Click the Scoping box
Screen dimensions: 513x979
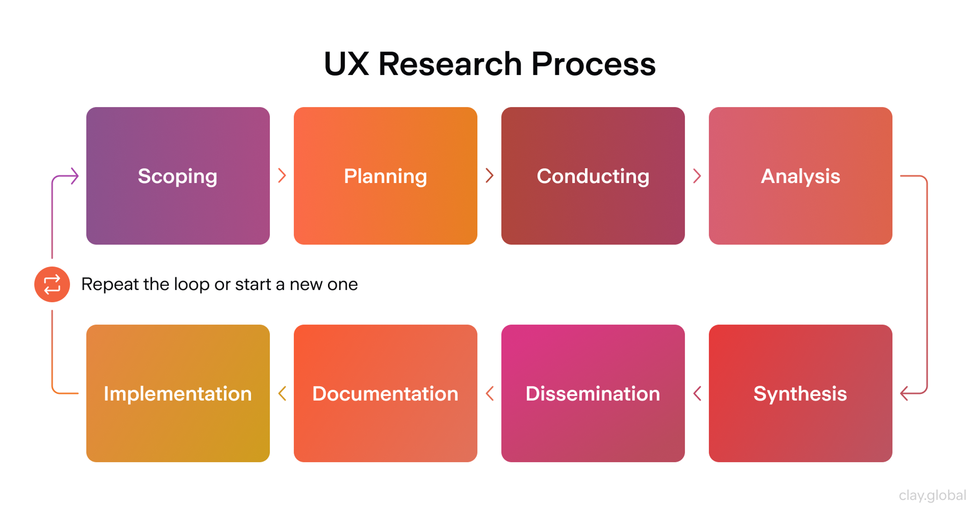178,176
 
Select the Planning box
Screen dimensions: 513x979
385,176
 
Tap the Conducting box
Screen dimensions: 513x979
593,176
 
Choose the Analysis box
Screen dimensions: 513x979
800,176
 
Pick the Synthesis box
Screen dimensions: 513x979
800,393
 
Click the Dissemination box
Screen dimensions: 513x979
593,393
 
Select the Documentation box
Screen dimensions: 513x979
385,393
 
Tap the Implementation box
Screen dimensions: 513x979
178,393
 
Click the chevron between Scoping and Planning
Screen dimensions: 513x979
282,175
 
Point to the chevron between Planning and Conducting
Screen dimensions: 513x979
489,175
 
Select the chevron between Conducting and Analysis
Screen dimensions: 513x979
697,175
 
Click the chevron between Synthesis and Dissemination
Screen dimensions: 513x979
697,393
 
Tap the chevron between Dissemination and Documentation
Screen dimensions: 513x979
489,393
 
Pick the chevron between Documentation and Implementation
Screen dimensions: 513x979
282,393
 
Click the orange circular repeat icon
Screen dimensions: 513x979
52,285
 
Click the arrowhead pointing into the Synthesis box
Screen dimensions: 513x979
905,393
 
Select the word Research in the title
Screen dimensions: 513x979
450,64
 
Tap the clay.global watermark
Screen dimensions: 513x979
932,495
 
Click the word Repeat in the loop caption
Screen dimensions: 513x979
110,285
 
